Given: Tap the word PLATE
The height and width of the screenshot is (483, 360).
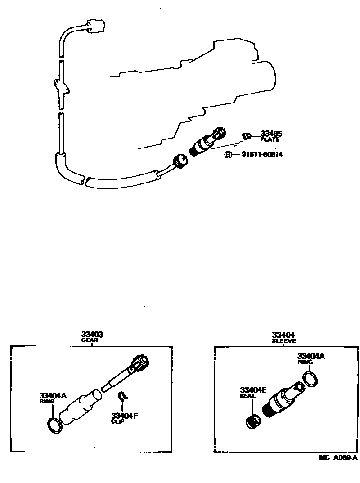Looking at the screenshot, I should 270,139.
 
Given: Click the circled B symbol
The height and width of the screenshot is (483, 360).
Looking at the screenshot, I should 228,155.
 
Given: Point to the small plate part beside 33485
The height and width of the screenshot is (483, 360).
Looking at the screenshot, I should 246,135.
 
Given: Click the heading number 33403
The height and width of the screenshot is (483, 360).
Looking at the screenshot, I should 92,335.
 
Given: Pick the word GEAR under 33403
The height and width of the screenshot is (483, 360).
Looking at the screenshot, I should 90,340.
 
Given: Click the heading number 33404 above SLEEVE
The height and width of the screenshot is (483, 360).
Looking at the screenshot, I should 283,335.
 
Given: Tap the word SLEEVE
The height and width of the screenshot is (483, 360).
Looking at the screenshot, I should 283,341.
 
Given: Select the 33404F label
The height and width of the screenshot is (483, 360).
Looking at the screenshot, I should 124,416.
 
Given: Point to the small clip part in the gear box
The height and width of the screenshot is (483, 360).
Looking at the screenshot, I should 122,396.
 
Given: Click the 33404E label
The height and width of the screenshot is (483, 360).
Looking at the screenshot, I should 254,390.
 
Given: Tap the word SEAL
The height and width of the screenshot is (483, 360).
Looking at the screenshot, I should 247,396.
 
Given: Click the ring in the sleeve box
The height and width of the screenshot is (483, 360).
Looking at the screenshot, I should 310,379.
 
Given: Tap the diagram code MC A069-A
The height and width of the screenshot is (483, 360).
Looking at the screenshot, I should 338,458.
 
